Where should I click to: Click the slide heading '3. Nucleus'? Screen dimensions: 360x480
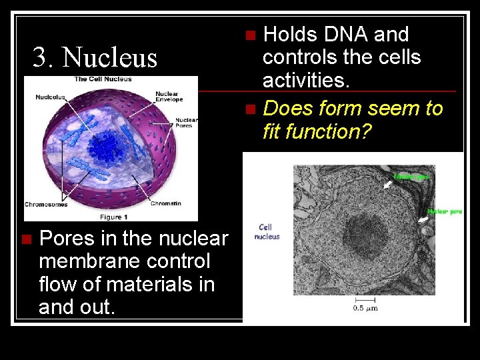click(x=95, y=58)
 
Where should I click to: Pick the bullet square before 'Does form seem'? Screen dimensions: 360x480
click(x=250, y=109)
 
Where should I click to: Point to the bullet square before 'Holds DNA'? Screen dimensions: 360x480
click(x=250, y=35)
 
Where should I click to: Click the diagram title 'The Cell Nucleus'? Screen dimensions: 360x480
click(x=103, y=79)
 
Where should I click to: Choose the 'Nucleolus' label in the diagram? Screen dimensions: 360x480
click(x=51, y=97)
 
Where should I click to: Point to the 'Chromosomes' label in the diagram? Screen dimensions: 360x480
click(x=46, y=205)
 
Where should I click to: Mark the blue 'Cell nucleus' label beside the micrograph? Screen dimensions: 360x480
click(x=267, y=231)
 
